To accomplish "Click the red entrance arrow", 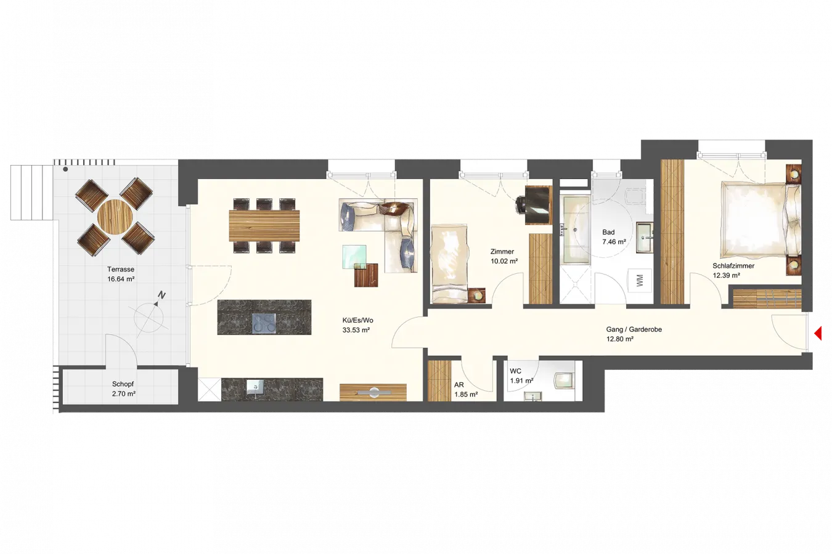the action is pyautogui.click(x=818, y=333).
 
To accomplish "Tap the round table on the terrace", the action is pyautogui.click(x=115, y=217).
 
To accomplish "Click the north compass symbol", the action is pyautogui.click(x=150, y=315).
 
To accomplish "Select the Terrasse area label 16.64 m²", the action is pyautogui.click(x=121, y=279).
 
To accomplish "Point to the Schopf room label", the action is pyautogui.click(x=123, y=384).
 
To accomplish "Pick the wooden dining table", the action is pyautogui.click(x=264, y=226).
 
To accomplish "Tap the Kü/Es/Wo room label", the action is pyautogui.click(x=357, y=320).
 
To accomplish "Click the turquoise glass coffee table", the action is pyautogui.click(x=354, y=257).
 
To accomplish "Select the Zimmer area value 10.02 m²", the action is pyautogui.click(x=504, y=261).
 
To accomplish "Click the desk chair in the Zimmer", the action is pyautogui.click(x=521, y=204).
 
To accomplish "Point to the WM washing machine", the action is pyautogui.click(x=640, y=281).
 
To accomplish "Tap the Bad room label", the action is pyautogui.click(x=608, y=232).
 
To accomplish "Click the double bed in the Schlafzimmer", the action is pyautogui.click(x=760, y=220).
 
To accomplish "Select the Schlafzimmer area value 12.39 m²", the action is pyautogui.click(x=726, y=276).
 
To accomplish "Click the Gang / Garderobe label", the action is pyautogui.click(x=634, y=329).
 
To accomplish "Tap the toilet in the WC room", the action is pyautogui.click(x=564, y=380).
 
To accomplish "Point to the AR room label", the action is pyautogui.click(x=459, y=385).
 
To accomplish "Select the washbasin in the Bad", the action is pyautogui.click(x=645, y=238).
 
